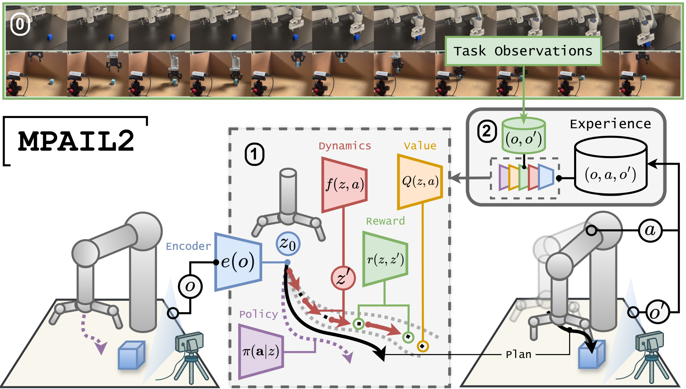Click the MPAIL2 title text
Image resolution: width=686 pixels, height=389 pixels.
(76, 141)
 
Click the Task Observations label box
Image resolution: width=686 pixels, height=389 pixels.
(523, 51)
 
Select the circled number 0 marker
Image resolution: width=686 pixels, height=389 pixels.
(20, 25)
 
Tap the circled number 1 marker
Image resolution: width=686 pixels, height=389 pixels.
(254, 155)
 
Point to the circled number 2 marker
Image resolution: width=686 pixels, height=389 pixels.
(487, 131)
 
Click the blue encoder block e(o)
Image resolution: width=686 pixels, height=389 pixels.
(238, 262)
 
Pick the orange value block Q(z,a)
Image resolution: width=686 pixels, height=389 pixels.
(420, 181)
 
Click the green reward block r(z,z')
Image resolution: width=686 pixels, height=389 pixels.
(385, 259)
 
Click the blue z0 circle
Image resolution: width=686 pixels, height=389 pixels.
(288, 244)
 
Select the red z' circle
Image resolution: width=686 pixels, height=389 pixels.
(343, 278)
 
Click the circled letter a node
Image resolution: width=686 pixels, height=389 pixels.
(650, 230)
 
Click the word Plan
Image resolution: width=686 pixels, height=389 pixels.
(518, 354)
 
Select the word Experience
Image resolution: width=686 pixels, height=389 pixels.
(610, 124)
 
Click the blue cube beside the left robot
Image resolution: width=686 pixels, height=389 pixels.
(131, 354)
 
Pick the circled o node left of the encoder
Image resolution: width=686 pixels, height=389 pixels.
(190, 287)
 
